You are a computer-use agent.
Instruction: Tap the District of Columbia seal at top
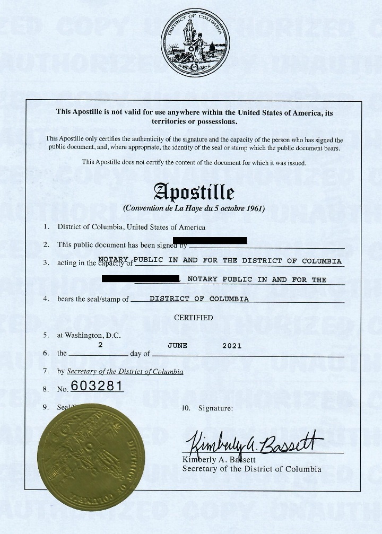click(x=195, y=42)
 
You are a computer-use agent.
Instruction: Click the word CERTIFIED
click(x=193, y=318)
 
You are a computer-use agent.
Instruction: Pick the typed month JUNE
click(x=177, y=345)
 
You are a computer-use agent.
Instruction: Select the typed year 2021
click(x=232, y=345)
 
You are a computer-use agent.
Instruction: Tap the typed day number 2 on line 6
click(x=100, y=345)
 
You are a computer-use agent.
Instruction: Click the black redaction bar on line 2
click(x=218, y=240)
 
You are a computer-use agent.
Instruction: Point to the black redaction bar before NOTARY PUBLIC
click(x=141, y=278)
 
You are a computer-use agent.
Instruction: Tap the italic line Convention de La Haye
click(x=194, y=208)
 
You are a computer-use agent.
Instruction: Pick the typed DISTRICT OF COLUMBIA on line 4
click(x=199, y=299)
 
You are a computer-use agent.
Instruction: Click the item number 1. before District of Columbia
click(x=47, y=227)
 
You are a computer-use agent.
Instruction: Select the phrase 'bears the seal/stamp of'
click(x=93, y=299)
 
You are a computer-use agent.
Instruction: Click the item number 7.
click(x=46, y=371)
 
